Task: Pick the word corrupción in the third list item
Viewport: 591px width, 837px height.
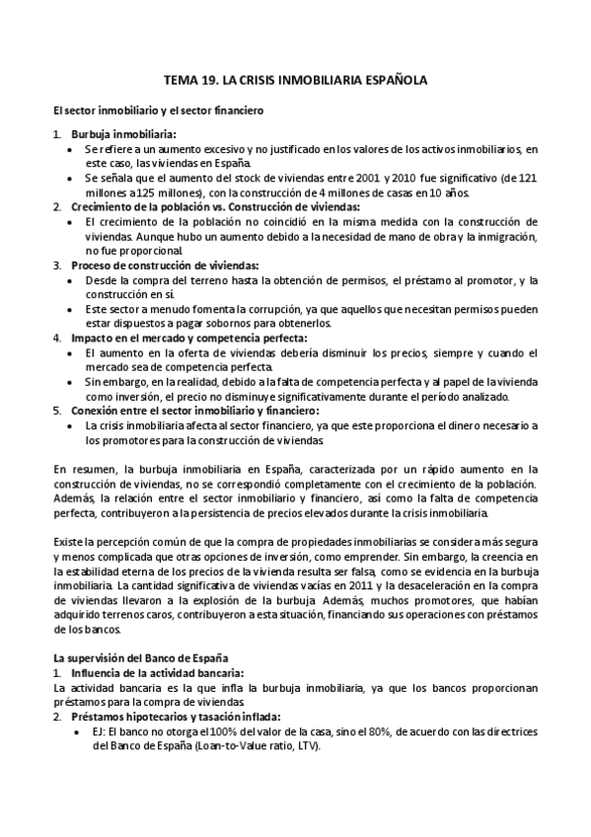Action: pyautogui.click(x=259, y=309)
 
